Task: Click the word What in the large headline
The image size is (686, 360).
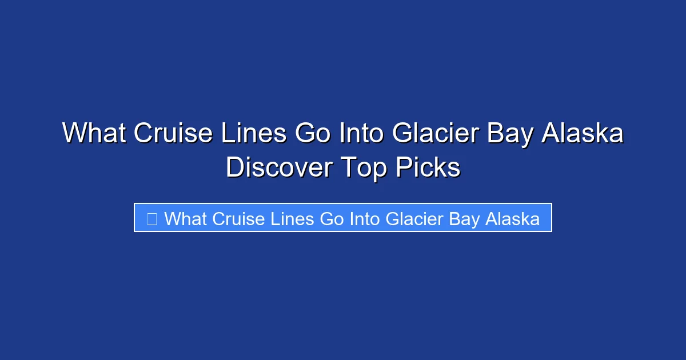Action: pyautogui.click(x=94, y=134)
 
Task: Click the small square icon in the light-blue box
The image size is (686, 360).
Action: pyautogui.click(x=151, y=218)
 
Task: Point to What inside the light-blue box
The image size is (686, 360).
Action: pyautogui.click(x=186, y=218)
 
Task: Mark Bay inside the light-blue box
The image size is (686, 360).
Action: pyautogui.click(x=465, y=218)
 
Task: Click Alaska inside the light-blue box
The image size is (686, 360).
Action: pyautogui.click(x=512, y=218)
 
